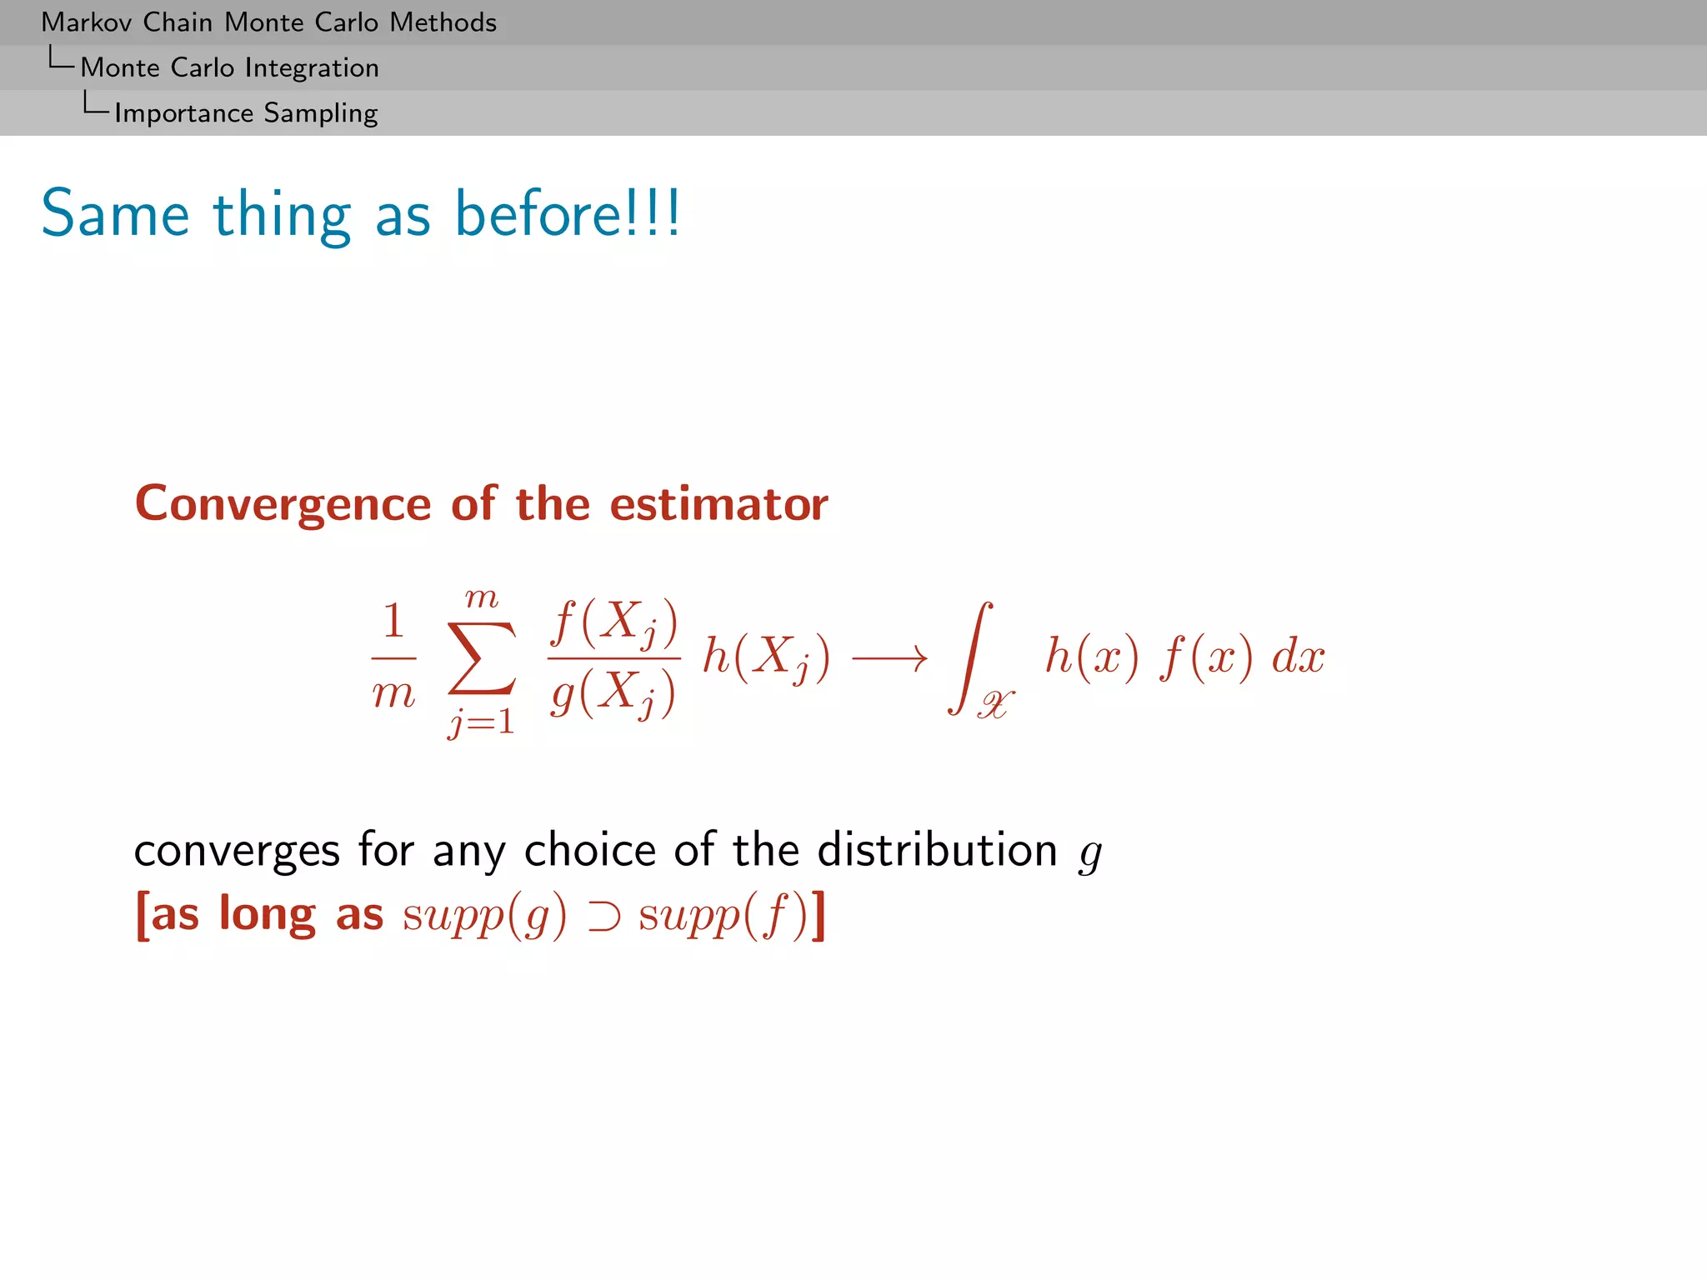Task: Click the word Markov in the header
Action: point(86,22)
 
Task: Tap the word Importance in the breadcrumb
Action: point(183,113)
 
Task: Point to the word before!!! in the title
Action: point(568,214)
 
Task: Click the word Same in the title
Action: point(115,214)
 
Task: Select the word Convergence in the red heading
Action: point(283,505)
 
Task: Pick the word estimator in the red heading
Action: point(718,505)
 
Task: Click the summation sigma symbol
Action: point(481,658)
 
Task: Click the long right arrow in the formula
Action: point(889,659)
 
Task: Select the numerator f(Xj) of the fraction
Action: point(614,622)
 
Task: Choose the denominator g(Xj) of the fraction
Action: point(613,692)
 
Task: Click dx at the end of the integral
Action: point(1297,657)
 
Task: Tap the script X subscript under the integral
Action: point(995,705)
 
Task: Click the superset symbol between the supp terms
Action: point(603,917)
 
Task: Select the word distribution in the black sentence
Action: point(937,851)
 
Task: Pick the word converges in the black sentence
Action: point(237,851)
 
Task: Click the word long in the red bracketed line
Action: point(267,915)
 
